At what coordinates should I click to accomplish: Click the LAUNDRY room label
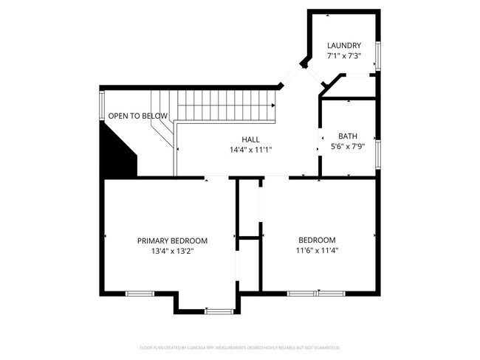pos(344,46)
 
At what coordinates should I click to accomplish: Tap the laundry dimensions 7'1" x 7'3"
pos(344,56)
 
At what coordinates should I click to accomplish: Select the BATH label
pos(347,136)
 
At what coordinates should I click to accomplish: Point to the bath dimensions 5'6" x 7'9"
pos(347,147)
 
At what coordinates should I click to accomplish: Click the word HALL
pos(251,139)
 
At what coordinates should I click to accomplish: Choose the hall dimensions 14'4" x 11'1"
pos(251,150)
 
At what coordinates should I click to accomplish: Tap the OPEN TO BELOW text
pos(137,116)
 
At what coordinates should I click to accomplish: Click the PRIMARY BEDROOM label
pos(172,240)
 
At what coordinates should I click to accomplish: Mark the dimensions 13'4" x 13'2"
pos(172,251)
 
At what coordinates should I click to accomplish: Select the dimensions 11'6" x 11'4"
pos(317,251)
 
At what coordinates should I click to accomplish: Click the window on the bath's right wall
pos(377,153)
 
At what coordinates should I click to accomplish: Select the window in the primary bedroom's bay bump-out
pos(219,311)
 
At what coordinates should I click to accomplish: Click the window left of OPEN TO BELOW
pos(101,105)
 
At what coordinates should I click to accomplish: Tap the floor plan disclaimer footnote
pos(240,347)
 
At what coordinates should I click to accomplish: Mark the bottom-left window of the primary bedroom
pos(139,294)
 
